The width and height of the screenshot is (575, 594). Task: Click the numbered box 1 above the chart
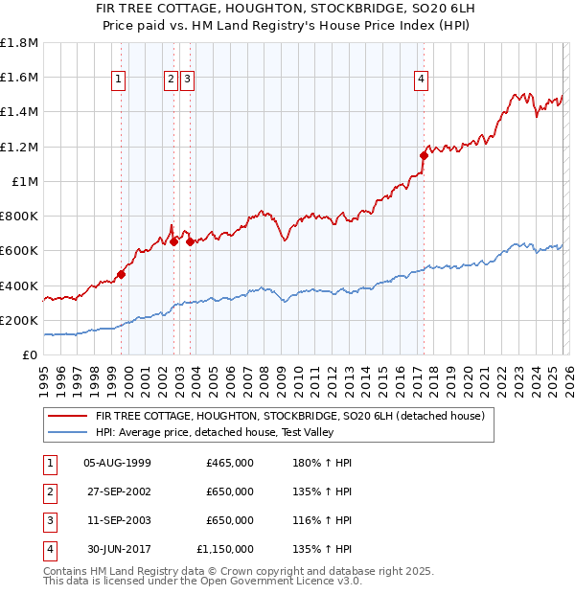(x=120, y=80)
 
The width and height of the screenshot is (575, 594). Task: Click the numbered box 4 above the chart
(x=422, y=80)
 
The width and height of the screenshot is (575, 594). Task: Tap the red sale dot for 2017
(x=424, y=155)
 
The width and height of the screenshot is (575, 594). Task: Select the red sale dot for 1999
(x=122, y=274)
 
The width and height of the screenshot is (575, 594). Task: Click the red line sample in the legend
(x=67, y=416)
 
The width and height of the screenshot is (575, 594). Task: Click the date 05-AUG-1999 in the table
(x=117, y=463)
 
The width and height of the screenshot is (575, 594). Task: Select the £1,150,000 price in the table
(x=225, y=549)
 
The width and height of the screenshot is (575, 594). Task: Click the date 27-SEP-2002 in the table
(x=117, y=491)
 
